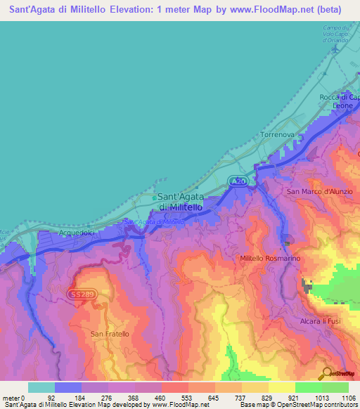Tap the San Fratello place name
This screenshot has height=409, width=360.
point(110,334)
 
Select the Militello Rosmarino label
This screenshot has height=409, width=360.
point(271,259)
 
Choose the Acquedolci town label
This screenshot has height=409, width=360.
point(77,231)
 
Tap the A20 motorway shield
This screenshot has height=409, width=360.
point(238,182)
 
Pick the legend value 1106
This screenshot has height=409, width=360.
point(347,398)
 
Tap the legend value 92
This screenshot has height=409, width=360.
point(51,398)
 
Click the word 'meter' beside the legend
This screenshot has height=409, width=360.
point(12,398)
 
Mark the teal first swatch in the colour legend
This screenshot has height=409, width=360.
point(41,387)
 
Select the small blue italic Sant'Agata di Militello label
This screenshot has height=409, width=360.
point(154,222)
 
